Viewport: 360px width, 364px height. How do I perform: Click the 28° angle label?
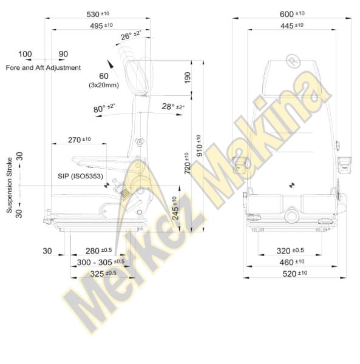pyautogui.click(x=173, y=107)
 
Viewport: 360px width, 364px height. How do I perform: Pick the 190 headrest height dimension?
pyautogui.click(x=188, y=77)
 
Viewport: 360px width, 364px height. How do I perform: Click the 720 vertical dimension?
pyautogui.click(x=188, y=163)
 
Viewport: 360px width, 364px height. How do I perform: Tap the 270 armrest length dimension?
pyautogui.click(x=79, y=140)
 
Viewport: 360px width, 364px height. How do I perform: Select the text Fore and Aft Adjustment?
pyautogui.click(x=43, y=67)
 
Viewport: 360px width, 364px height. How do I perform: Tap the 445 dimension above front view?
pyautogui.click(x=291, y=25)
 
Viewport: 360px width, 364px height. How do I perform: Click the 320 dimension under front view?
pyautogui.click(x=290, y=251)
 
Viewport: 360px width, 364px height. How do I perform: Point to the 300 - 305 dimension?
pyautogui.click(x=101, y=262)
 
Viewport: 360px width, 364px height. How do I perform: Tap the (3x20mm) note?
pyautogui.click(x=103, y=86)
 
